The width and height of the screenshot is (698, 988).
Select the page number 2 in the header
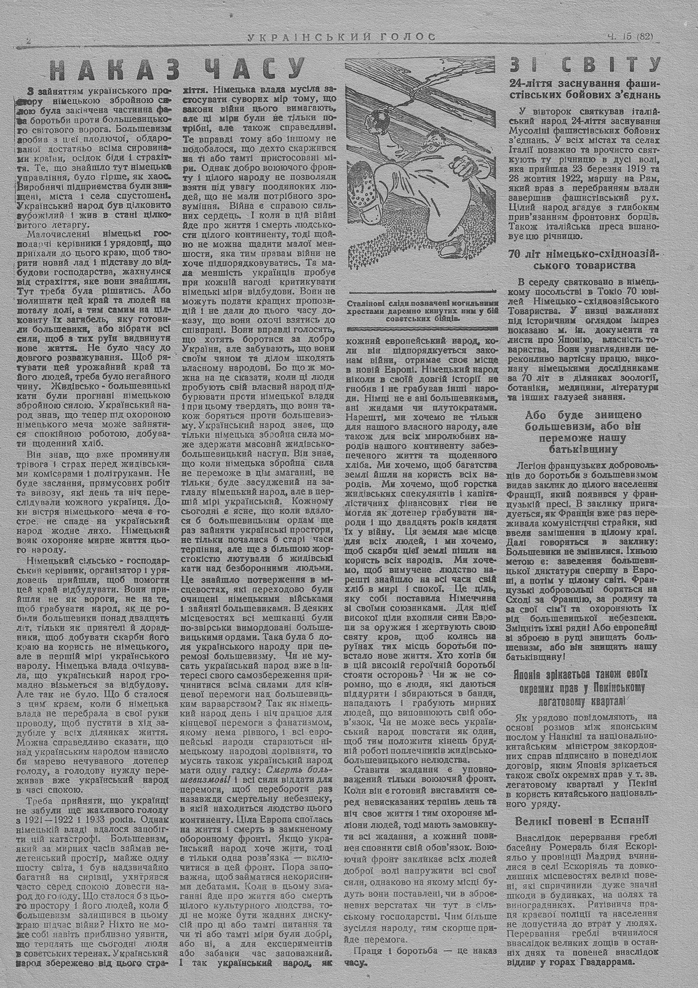tap(27, 40)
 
